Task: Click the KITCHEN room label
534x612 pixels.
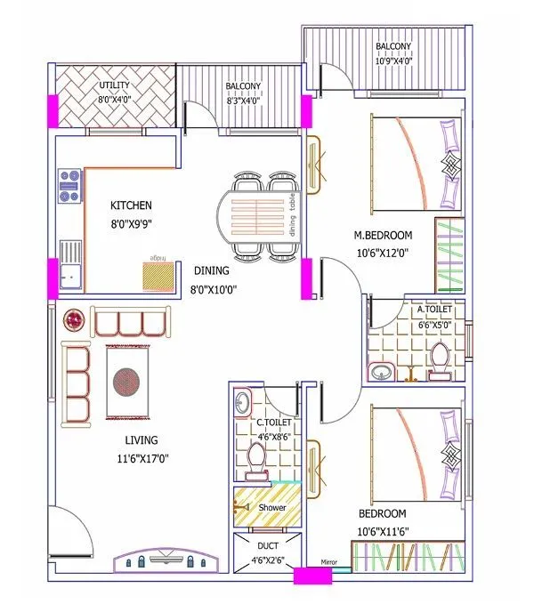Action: point(131,205)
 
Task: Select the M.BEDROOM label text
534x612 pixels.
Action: point(383,235)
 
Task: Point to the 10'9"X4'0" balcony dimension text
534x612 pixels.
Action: point(392,61)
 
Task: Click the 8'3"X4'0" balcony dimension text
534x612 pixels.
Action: point(242,101)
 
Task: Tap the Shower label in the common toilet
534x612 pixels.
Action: point(272,507)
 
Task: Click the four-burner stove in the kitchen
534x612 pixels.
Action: point(69,187)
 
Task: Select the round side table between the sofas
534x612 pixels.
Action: point(74,318)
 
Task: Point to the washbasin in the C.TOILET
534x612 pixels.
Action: point(241,404)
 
